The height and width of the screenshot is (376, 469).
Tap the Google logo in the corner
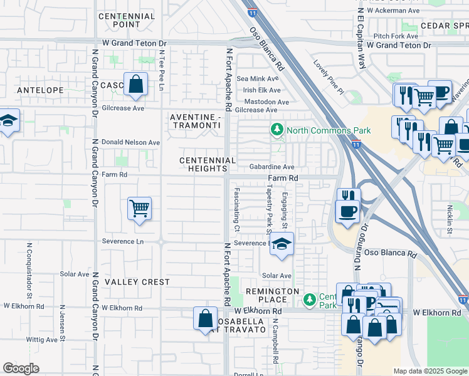tap(21, 368)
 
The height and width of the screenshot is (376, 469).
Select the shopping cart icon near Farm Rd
tap(139, 208)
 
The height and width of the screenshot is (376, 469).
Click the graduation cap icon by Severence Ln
tap(282, 244)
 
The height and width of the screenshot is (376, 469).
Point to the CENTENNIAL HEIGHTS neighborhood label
tap(203, 165)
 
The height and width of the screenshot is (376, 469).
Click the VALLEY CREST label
tap(137, 282)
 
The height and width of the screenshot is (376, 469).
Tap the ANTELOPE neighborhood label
tap(40, 90)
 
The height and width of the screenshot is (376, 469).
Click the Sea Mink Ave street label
tap(260, 78)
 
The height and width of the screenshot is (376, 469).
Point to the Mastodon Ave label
tap(266, 102)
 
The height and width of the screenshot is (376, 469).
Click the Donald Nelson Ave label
tap(131, 142)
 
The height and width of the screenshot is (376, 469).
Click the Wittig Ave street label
tap(41, 340)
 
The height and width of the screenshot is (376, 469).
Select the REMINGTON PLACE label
tap(272, 296)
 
